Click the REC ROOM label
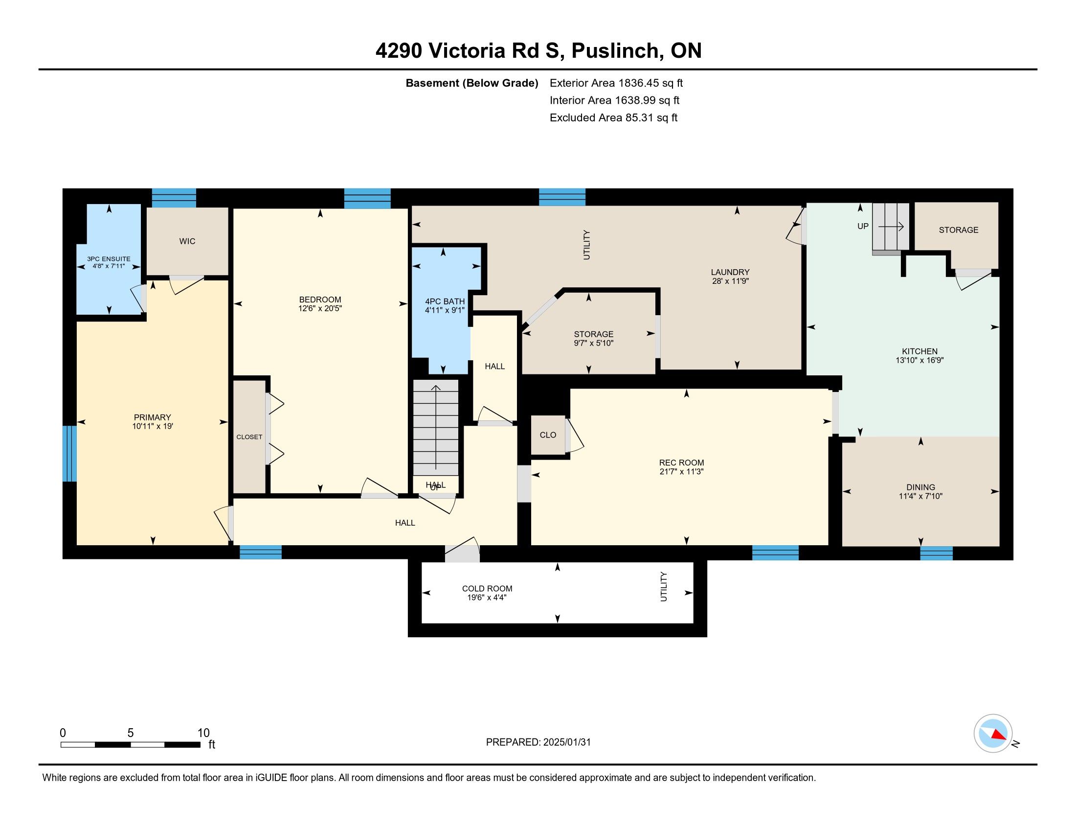[x=681, y=462]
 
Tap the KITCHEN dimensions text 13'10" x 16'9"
[x=919, y=360]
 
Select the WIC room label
[x=187, y=241]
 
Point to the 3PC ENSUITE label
[x=109, y=259]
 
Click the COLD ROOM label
[x=487, y=588]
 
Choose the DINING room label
[x=920, y=487]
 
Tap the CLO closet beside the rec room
[x=548, y=435]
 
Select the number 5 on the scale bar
[x=131, y=733]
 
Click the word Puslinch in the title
[x=614, y=51]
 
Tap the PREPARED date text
[x=538, y=742]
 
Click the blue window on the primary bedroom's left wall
[x=69, y=454]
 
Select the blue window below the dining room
[x=936, y=553]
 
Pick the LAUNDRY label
[x=730, y=272]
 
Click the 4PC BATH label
[x=445, y=301]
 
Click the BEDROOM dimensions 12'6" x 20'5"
[x=320, y=308]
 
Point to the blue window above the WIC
[x=174, y=198]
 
